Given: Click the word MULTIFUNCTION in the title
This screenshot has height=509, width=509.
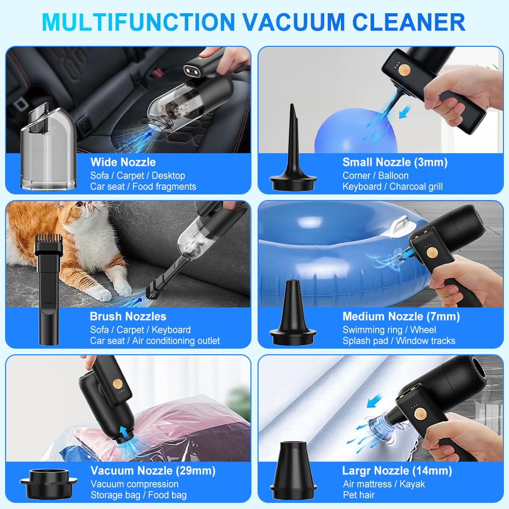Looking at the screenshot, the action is pos(138,22).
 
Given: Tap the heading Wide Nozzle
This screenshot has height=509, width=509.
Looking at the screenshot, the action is pos(123,162).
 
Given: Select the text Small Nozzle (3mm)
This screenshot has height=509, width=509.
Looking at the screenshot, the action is pos(395,162).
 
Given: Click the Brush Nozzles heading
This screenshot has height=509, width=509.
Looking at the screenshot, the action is pos(128,316).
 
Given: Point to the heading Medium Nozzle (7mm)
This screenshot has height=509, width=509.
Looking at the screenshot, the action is pos(401,316).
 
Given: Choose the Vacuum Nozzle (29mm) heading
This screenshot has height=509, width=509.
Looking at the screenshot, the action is pos(153,470).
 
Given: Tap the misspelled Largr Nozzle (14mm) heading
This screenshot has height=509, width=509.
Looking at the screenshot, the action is pos(397,470).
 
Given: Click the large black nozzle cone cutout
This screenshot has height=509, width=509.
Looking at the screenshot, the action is pos(293,471).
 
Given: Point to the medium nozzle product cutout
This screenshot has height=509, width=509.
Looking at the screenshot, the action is pos(293,313).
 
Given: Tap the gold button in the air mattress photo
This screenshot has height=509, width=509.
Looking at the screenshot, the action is pos(420,413).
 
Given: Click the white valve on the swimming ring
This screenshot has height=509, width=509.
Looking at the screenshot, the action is pos(398,227).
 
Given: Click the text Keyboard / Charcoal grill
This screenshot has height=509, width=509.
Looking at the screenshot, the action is pos(392,186).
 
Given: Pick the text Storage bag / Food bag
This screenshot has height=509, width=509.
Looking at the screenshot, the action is pos(138,495).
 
